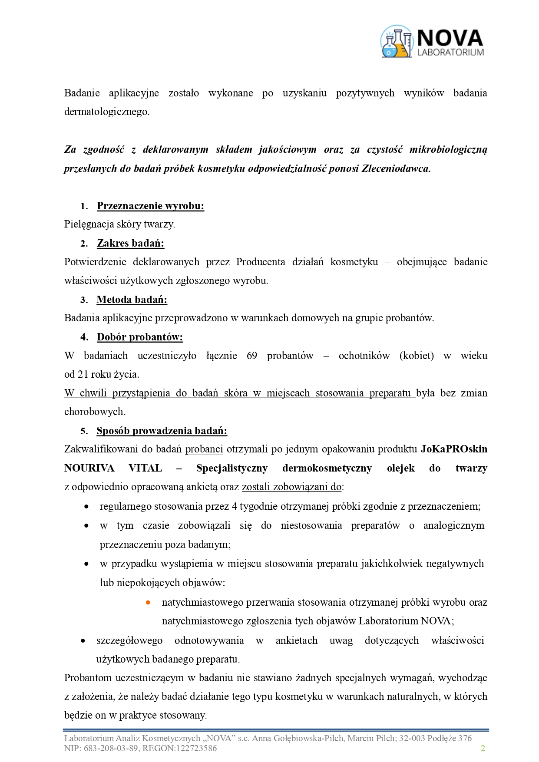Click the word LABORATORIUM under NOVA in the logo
pyautogui.click(x=450, y=53)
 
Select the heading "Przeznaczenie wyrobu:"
pyautogui.click(x=150, y=206)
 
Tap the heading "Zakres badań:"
pyautogui.click(x=130, y=243)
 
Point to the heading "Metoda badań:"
pyautogui.click(x=132, y=300)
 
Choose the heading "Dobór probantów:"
pyautogui.click(x=139, y=337)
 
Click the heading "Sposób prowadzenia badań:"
pyautogui.click(x=162, y=431)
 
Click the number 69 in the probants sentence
pyautogui.click(x=252, y=356)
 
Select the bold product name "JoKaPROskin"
pyautogui.click(x=454, y=449)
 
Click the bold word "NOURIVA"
pyautogui.click(x=89, y=468)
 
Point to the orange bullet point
pyautogui.click(x=148, y=602)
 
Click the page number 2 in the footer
pyautogui.click(x=483, y=748)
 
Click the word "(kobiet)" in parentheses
pyautogui.click(x=417, y=356)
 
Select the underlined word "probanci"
pyautogui.click(x=204, y=449)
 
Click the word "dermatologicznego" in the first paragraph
pyautogui.click(x=106, y=112)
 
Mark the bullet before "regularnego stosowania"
pyautogui.click(x=87, y=507)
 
